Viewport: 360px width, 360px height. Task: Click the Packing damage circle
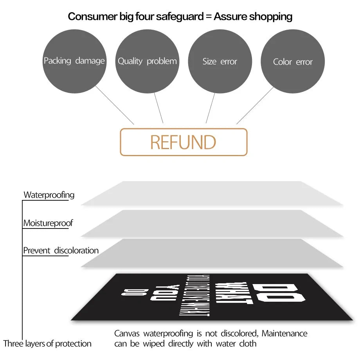tap(74, 61)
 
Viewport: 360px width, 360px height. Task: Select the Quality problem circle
tap(147, 61)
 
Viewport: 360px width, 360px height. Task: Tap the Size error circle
tap(220, 61)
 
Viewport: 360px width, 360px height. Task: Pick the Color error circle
tap(293, 61)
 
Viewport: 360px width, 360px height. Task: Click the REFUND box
tap(184, 142)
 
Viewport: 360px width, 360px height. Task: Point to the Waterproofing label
tap(49, 194)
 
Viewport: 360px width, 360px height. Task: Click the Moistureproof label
tap(48, 223)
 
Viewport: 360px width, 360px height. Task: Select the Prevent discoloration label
tap(61, 250)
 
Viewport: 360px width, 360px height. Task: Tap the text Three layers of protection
tap(47, 344)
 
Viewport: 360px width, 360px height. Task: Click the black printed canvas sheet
tap(211, 297)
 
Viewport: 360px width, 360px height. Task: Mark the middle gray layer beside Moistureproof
tap(211, 223)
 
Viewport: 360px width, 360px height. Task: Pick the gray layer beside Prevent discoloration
tap(211, 253)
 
